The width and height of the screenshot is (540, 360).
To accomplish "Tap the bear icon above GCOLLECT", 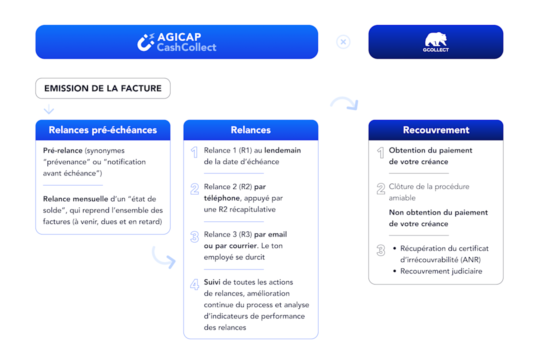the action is coord(435,39).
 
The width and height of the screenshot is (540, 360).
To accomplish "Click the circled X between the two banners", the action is coord(343,42).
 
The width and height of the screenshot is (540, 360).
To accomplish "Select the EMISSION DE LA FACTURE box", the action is coord(103,88).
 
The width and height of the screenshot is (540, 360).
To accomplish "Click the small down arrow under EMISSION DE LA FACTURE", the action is coord(49,109).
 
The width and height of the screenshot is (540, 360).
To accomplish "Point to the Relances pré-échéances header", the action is coord(103,130).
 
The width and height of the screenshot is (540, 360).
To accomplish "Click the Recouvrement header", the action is coord(436,130).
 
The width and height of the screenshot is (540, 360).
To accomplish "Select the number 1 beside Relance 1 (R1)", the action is coord(194,152).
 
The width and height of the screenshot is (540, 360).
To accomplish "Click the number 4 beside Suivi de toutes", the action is coord(194,284).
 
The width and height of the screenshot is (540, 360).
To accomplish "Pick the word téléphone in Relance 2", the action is coord(222,198).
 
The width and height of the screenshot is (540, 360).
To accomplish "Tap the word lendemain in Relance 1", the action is coord(282,150).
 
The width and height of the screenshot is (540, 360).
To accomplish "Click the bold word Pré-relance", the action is coord(62,150).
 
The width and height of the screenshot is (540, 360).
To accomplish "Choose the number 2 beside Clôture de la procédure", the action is coord(381,188).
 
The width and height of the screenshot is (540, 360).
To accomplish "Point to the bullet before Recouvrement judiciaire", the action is coord(394,271).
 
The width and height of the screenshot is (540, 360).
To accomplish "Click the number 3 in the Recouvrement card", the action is coord(381,250).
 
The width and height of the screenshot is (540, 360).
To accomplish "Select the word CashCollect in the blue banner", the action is coord(186,47).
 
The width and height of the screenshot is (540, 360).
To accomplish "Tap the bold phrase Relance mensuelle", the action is coord(75,199).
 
